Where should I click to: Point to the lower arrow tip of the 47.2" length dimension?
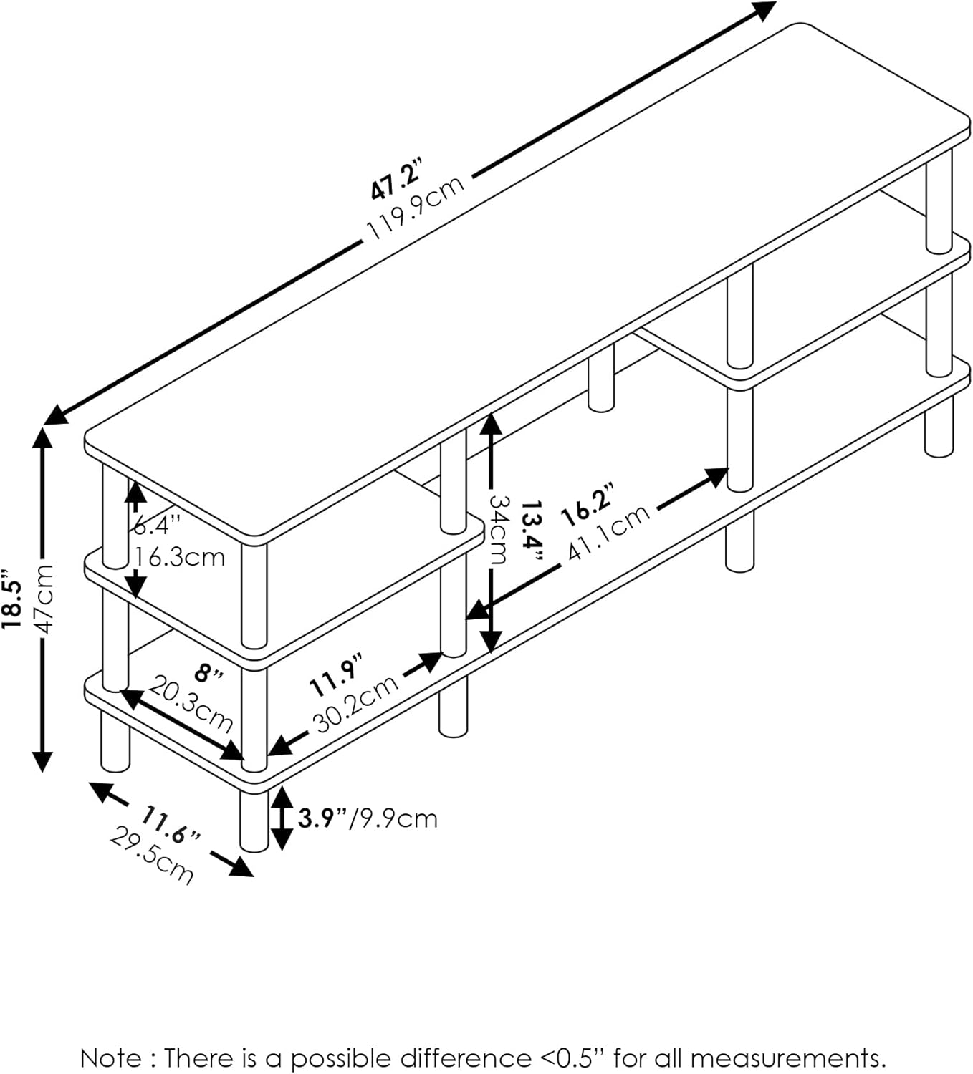coord(44,425)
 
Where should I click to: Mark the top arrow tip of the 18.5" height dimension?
coord(42,428)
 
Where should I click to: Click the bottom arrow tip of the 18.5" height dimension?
coord(42,772)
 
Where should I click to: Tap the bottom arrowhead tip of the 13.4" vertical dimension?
coord(491,653)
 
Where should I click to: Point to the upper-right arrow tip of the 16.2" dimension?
coord(729,469)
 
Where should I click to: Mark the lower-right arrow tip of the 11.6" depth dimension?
coord(253,876)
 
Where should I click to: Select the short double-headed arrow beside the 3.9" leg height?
coord(282,818)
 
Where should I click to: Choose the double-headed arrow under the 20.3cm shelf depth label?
coord(182,725)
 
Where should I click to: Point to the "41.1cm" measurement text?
coord(608,532)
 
